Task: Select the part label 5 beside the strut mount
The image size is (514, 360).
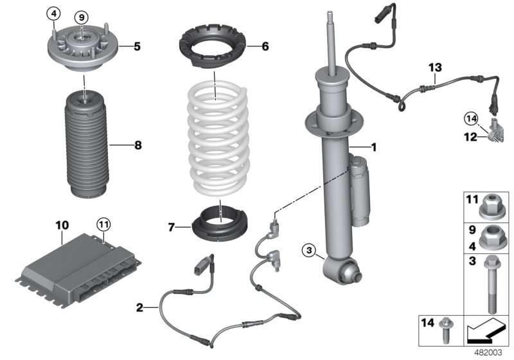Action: [137, 46]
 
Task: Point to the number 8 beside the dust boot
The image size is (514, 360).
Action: [137, 146]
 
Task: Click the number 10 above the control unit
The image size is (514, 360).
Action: [62, 225]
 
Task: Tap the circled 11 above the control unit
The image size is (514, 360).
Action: [103, 224]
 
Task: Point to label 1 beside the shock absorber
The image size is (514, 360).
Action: [391, 147]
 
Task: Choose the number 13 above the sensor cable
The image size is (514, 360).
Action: [436, 66]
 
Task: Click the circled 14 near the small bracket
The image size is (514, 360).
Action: [472, 118]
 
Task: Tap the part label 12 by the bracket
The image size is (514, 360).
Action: [470, 136]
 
